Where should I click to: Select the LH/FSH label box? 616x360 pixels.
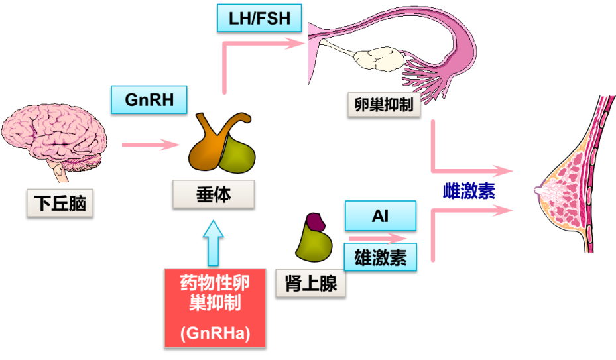259,19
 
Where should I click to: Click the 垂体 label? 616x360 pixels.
214,195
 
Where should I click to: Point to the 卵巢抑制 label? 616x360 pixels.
384,105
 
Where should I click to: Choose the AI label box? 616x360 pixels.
380,217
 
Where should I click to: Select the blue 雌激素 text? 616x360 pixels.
469,191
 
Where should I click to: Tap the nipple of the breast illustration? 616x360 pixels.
538,191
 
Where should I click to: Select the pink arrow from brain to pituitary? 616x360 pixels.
151,144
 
